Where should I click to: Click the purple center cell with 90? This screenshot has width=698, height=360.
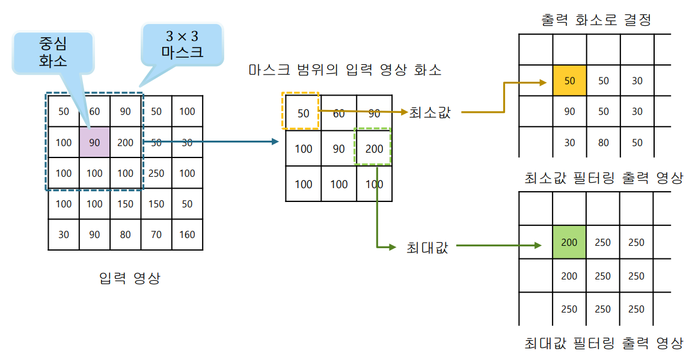point(94,142)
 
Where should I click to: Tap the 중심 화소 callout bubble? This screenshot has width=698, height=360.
point(53,51)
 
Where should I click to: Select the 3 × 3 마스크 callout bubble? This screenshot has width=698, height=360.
point(182,44)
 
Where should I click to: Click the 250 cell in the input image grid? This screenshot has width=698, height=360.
point(156,173)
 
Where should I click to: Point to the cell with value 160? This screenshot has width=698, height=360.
point(187,234)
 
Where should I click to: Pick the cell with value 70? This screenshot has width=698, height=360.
point(156,234)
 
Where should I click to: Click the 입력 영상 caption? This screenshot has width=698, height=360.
point(130,278)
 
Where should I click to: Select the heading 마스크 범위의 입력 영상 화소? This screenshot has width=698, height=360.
point(345,70)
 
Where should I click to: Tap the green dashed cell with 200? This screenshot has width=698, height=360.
point(374,148)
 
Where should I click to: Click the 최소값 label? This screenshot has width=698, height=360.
point(430,112)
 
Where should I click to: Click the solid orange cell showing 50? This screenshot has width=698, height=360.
point(569,81)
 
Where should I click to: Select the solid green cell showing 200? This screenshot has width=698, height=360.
point(569,243)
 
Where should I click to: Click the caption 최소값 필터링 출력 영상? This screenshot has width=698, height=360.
point(604,178)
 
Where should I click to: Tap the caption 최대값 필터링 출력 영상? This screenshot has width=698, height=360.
point(604,343)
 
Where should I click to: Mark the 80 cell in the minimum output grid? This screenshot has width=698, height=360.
point(603,142)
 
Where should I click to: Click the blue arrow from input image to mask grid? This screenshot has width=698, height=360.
point(210,142)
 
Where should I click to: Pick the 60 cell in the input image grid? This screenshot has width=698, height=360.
point(94,111)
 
